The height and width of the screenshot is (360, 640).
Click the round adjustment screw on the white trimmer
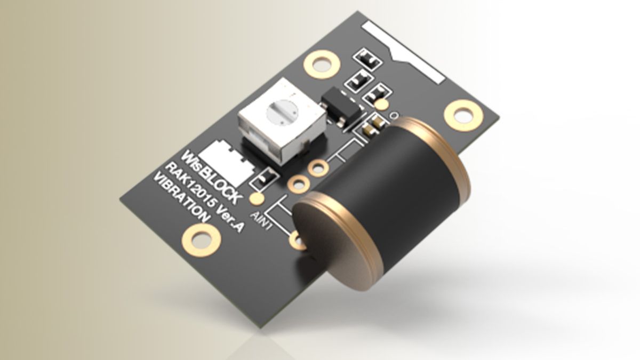tap(282, 111)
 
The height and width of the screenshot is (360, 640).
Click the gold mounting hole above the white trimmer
tap(321, 64)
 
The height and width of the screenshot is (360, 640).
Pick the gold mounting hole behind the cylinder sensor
tap(463, 114)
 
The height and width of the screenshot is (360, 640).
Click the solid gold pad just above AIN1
tap(257, 199)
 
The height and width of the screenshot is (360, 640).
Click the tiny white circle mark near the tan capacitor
tap(395, 115)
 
